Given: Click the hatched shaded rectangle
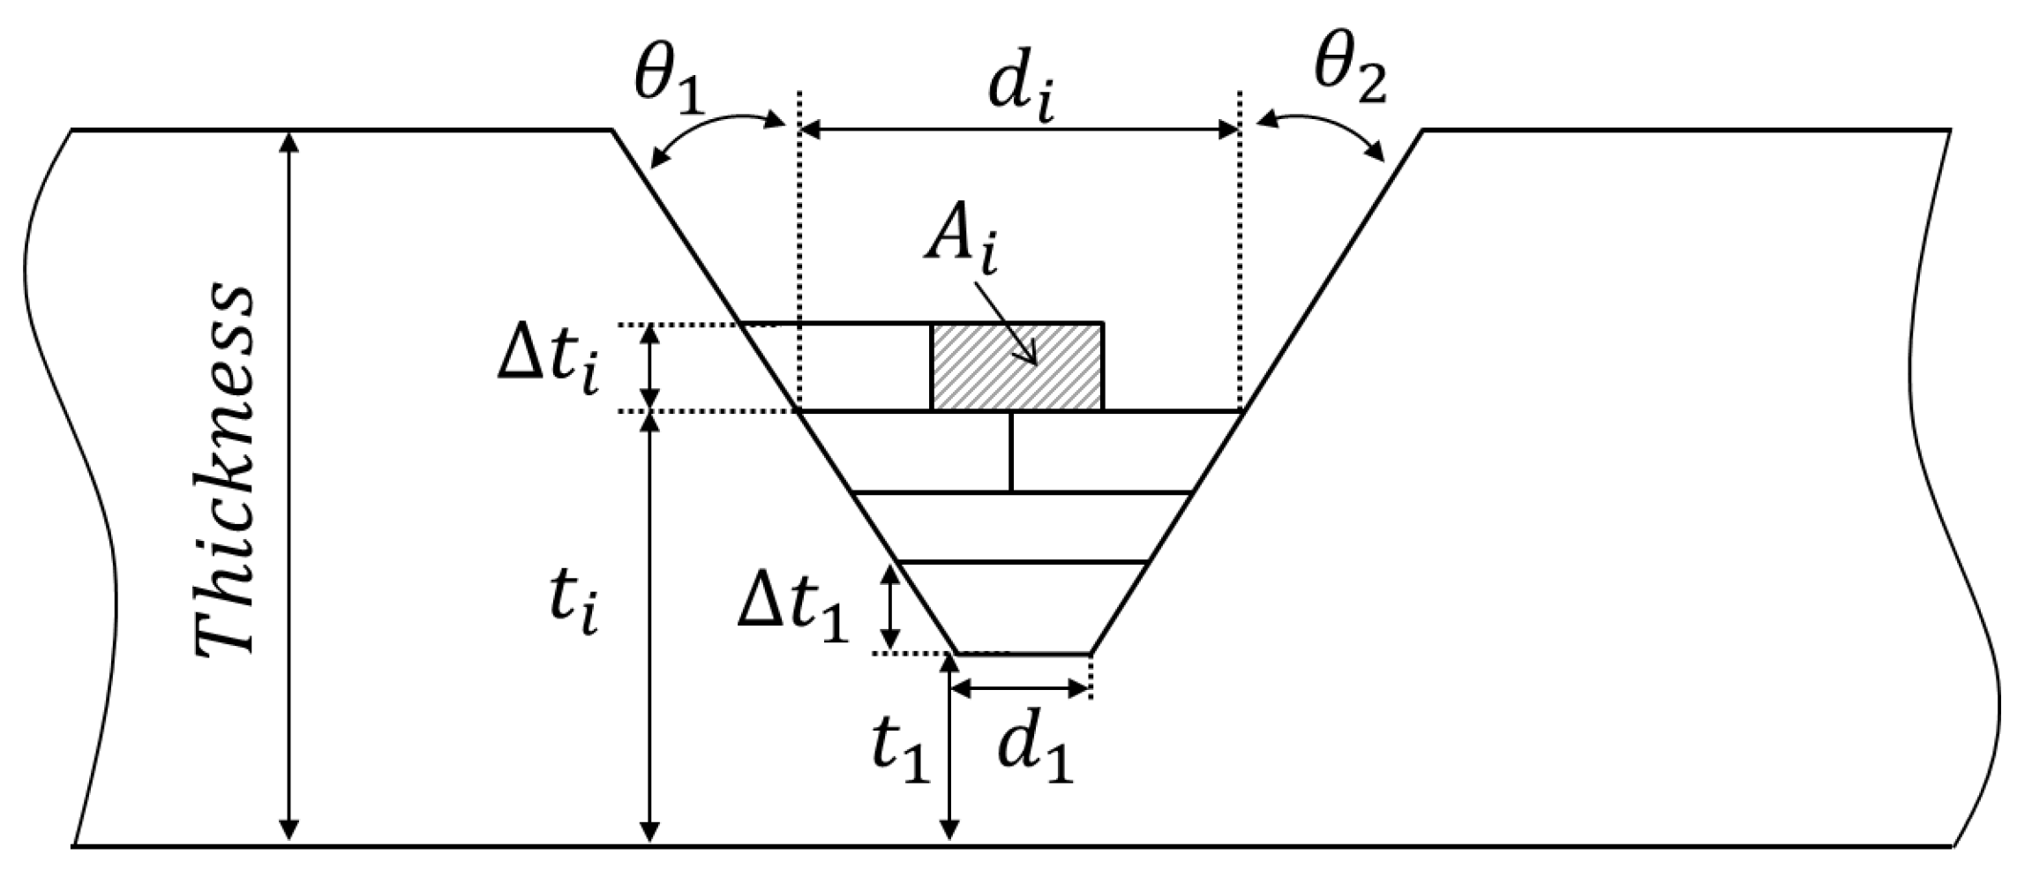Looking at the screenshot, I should coord(1016,367).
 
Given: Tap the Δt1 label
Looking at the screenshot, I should coord(792,608).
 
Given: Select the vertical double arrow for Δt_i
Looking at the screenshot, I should coord(649,367).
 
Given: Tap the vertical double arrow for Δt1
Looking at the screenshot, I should coord(891,607).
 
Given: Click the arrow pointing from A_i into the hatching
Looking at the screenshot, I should coord(1006,321).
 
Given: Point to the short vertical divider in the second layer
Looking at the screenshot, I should coord(1011,452).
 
